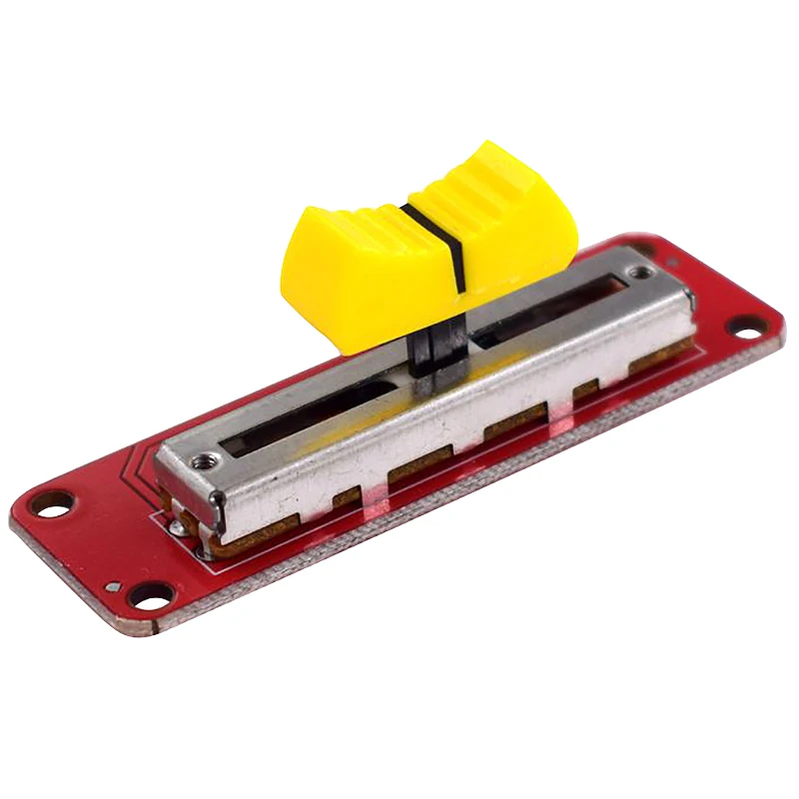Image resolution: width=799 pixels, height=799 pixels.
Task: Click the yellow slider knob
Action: (429, 250)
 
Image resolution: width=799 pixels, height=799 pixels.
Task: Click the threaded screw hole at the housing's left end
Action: (206, 460)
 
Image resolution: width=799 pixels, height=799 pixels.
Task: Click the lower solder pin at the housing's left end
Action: (204, 545)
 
